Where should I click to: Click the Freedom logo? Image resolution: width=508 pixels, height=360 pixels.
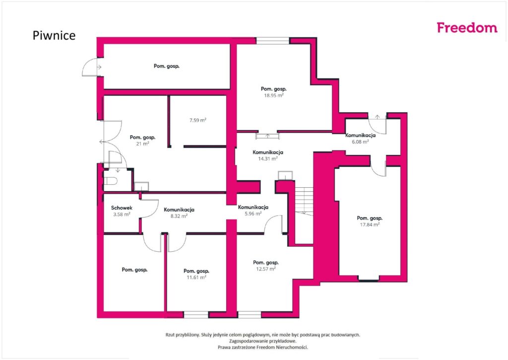pyautogui.click(x=467, y=28)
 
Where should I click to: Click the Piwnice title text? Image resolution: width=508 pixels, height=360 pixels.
pyautogui.click(x=54, y=35)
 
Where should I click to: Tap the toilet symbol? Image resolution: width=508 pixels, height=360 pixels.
pyautogui.click(x=110, y=181)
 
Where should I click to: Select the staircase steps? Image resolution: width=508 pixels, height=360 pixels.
pyautogui.click(x=304, y=201)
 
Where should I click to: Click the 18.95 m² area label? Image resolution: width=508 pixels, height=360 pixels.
pyautogui.click(x=274, y=95)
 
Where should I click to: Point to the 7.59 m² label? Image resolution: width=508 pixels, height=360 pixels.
pyautogui.click(x=198, y=120)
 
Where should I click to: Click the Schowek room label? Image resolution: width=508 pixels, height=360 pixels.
pyautogui.click(x=122, y=208)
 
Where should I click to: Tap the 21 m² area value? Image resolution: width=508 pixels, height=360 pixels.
pyautogui.click(x=142, y=144)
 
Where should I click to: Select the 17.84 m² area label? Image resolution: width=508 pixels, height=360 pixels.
pyautogui.click(x=370, y=224)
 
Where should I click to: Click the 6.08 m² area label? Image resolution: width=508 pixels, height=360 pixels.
pyautogui.click(x=360, y=142)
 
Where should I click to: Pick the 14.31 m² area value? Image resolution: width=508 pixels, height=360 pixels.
pyautogui.click(x=267, y=158)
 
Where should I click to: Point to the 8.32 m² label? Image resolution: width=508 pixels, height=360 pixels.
pyautogui.click(x=179, y=216)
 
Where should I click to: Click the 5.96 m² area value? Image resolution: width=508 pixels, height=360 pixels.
pyautogui.click(x=253, y=214)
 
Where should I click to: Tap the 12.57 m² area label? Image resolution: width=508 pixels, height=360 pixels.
pyautogui.click(x=266, y=269)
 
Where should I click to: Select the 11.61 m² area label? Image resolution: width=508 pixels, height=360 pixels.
pyautogui.click(x=196, y=277)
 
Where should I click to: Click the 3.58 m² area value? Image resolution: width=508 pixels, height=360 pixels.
pyautogui.click(x=122, y=215)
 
